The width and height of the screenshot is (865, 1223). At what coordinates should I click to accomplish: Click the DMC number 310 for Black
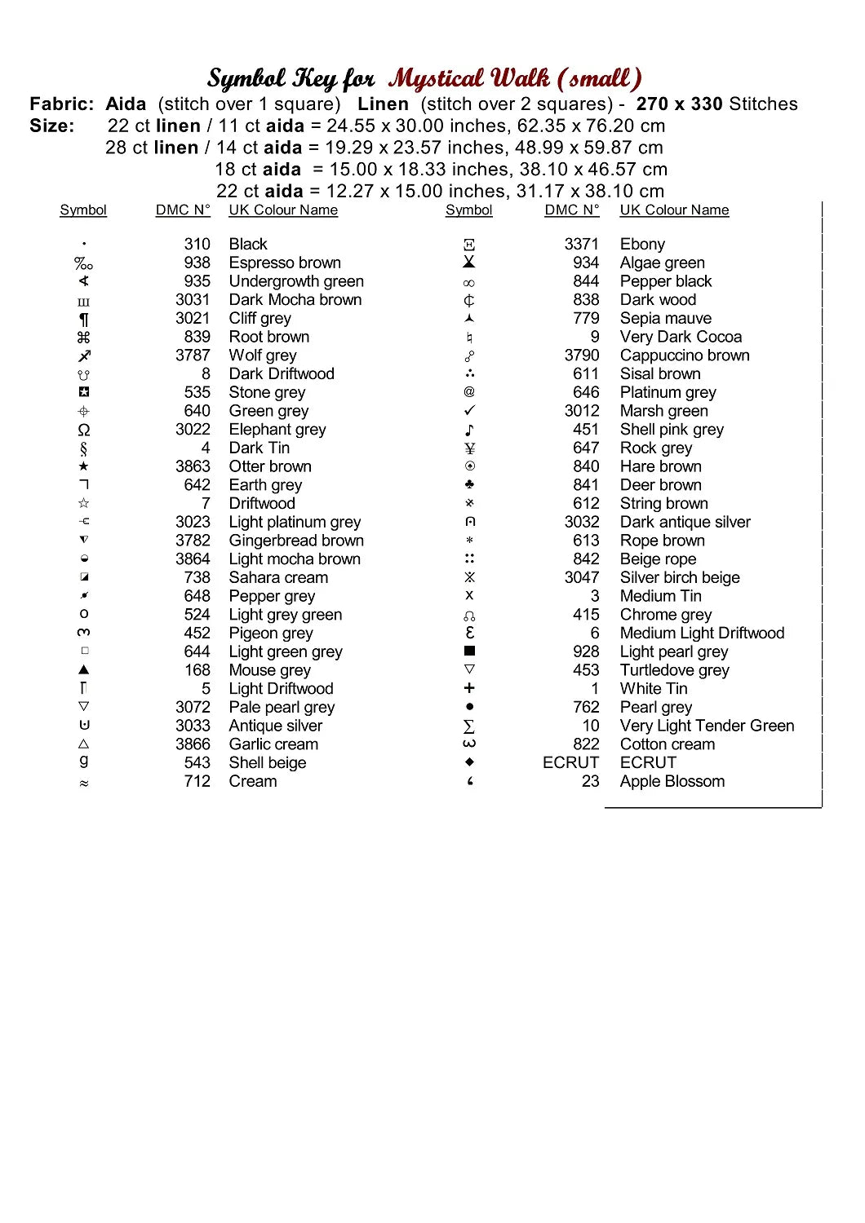pyautogui.click(x=197, y=244)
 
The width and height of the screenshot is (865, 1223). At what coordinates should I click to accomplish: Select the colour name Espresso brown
pyautogui.click(x=285, y=263)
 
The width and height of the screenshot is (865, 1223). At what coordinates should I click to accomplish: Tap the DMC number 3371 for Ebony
pyautogui.click(x=581, y=244)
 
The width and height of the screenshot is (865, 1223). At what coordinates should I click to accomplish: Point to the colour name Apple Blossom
pyautogui.click(x=672, y=781)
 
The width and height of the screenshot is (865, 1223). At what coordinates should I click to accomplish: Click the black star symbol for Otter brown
pyautogui.click(x=83, y=466)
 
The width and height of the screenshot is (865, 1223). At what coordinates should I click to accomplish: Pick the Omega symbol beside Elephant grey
pyautogui.click(x=83, y=430)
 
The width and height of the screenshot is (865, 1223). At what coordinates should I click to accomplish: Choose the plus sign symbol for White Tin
pyautogui.click(x=469, y=688)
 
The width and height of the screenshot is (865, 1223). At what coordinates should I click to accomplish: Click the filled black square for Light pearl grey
pyautogui.click(x=469, y=651)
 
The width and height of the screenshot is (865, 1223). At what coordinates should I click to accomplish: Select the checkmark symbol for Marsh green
pyautogui.click(x=469, y=411)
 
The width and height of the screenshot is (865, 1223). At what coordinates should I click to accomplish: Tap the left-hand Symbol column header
pyautogui.click(x=83, y=210)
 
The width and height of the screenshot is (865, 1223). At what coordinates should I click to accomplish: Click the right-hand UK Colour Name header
pyautogui.click(x=674, y=210)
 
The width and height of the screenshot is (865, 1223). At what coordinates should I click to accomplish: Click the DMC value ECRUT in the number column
pyautogui.click(x=570, y=762)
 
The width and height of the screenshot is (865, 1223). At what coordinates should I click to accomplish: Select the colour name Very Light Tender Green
pyautogui.click(x=707, y=726)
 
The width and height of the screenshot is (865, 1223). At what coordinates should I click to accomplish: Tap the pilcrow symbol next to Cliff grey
pyautogui.click(x=83, y=319)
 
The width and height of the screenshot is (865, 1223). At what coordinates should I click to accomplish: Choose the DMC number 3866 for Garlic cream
pyautogui.click(x=193, y=744)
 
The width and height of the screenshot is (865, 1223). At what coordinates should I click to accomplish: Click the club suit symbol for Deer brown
pyautogui.click(x=469, y=484)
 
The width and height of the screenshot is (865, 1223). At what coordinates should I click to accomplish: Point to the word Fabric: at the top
pyautogui.click(x=62, y=104)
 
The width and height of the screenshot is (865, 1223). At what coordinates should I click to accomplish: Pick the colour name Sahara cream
pyautogui.click(x=278, y=577)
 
